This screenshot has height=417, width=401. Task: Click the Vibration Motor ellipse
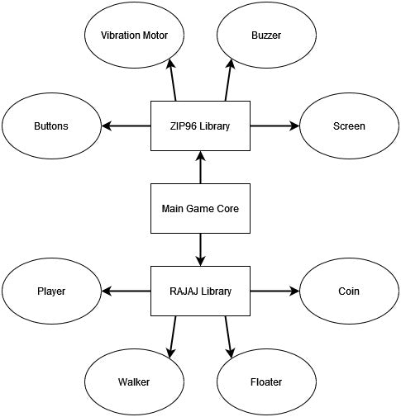134,36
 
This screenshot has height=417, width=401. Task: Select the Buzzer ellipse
266,36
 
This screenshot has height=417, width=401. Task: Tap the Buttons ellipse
51,126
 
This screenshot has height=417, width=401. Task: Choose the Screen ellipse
348,126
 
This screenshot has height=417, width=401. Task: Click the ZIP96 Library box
200,126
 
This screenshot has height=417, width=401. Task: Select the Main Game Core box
200,208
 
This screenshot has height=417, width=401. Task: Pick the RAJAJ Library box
200,291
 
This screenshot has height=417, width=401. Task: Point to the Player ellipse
51,291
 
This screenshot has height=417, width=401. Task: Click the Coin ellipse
348,291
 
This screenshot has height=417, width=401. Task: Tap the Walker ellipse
134,381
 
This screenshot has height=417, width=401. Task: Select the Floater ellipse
266,381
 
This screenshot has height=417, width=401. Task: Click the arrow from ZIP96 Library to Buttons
126,126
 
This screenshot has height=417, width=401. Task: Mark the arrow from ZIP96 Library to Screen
274,126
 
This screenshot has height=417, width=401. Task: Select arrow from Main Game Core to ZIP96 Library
200,168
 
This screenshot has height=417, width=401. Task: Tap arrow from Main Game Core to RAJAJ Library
200,249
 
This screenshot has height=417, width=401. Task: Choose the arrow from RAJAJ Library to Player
126,291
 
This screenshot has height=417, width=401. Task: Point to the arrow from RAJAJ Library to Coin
274,291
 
